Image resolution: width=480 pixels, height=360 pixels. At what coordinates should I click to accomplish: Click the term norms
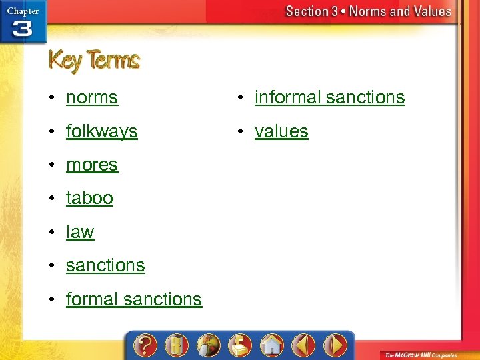(92, 97)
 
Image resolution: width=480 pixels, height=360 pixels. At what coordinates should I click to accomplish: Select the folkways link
(101, 131)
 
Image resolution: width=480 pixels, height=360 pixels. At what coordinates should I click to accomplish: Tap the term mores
(92, 165)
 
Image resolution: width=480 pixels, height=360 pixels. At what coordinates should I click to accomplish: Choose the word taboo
(89, 198)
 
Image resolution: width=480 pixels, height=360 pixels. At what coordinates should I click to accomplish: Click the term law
(80, 232)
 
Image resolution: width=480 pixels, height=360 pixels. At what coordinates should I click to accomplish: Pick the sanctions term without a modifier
(105, 265)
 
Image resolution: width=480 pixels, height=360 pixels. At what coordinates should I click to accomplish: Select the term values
(281, 131)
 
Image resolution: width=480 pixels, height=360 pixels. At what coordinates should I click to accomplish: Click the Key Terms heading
(94, 61)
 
